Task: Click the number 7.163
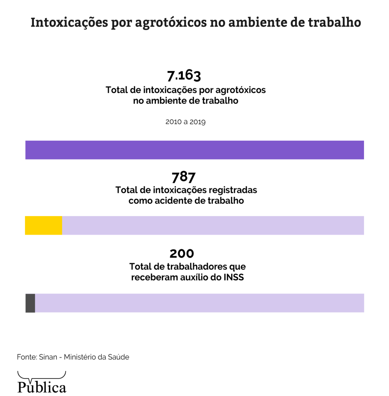[184, 75]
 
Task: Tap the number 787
[183, 177]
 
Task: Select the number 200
[181, 253]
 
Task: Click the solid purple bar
[194, 150]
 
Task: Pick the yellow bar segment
[43, 225]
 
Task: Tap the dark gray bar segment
[30, 303]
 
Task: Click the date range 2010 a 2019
[185, 122]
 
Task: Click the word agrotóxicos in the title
[171, 22]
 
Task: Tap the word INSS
[234, 277]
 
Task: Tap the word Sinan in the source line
[48, 357]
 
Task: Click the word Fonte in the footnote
[27, 357]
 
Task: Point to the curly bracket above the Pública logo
[42, 375]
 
